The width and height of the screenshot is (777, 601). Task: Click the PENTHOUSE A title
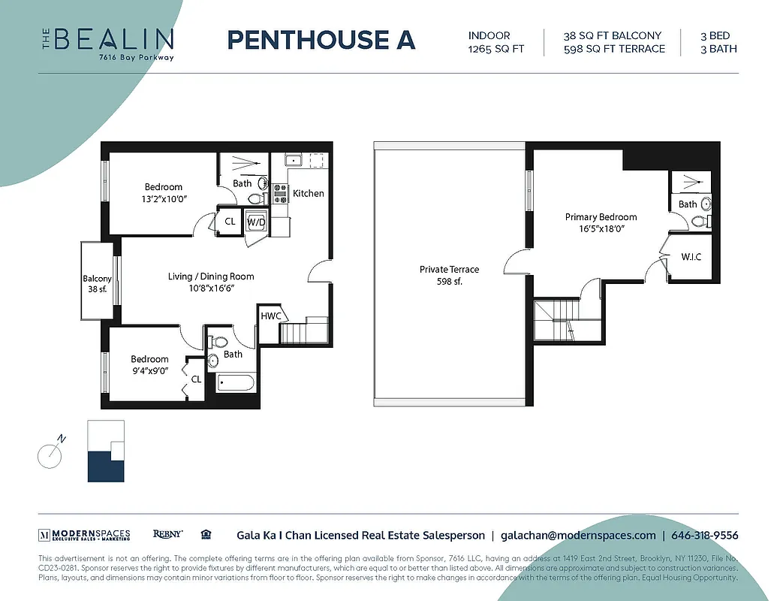coord(321,40)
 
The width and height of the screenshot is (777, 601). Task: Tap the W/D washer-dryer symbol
coord(256,222)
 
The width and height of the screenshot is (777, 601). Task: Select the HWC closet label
coord(271,316)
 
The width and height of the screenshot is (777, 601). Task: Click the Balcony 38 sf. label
coord(97,284)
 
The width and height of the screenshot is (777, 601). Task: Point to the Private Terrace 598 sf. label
coord(449,275)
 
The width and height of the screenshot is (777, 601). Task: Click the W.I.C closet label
coord(691,257)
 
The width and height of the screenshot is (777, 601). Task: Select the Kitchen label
coord(308,193)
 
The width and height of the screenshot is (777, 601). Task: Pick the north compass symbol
coord(50,455)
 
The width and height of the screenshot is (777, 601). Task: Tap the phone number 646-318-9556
coord(704,536)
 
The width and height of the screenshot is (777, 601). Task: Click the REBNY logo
coord(167,534)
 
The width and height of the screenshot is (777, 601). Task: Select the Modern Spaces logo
coord(84,535)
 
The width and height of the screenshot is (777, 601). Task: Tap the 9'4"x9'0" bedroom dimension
coord(149,371)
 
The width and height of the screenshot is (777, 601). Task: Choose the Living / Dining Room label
coord(211,276)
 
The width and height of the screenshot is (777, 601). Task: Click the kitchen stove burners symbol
coord(280,194)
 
